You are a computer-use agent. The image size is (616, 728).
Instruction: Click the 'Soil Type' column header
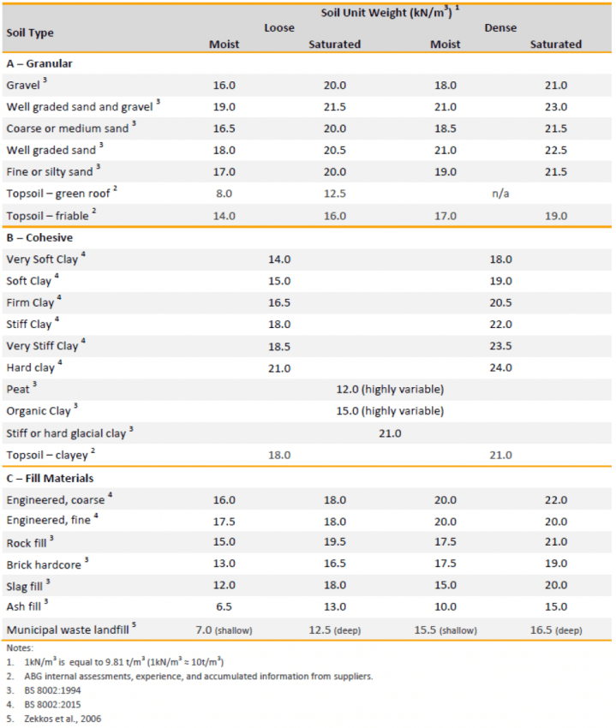(x=30, y=33)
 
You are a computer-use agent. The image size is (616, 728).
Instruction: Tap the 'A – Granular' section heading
(x=39, y=63)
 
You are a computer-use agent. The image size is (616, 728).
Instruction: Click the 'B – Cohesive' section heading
(x=39, y=237)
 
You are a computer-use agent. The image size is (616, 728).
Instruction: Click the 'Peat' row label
(x=21, y=390)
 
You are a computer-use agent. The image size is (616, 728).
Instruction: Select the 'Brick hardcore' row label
(x=47, y=564)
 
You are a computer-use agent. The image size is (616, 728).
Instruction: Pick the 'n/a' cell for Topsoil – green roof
(x=500, y=194)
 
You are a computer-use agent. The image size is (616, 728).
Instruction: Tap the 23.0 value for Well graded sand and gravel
(x=555, y=107)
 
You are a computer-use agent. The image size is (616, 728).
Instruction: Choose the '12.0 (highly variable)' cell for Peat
(x=390, y=390)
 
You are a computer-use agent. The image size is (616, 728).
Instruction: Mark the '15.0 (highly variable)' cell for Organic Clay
(x=390, y=411)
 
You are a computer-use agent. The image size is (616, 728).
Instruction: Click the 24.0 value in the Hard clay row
(x=500, y=368)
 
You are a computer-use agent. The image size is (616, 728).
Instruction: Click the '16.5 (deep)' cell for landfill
(x=555, y=630)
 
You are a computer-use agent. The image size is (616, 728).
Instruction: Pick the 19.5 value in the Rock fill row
(x=334, y=542)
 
